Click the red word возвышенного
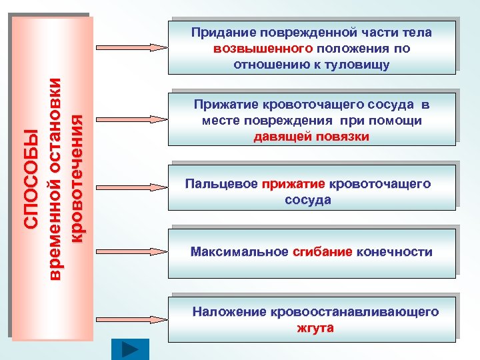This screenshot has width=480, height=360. point(264,49)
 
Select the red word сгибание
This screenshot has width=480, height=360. point(322,252)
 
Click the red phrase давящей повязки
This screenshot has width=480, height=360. point(311,137)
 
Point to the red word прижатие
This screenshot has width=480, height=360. point(293,184)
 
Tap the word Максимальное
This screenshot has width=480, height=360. point(239,252)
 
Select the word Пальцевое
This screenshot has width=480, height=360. point(221,184)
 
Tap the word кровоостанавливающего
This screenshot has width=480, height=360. point(355,311)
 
